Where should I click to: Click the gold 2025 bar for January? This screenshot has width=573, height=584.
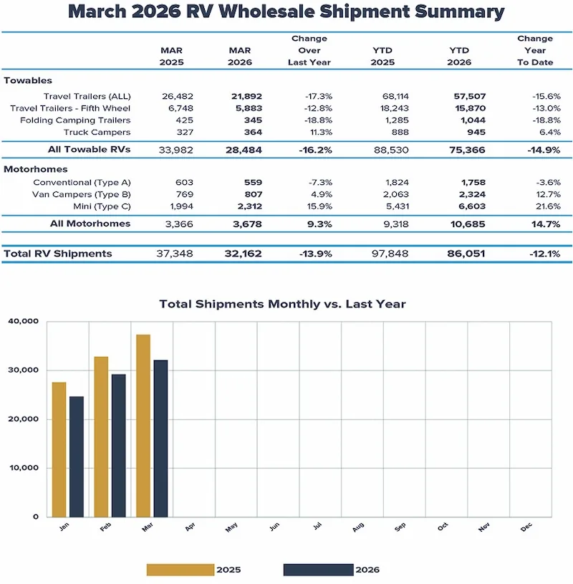coord(59,449)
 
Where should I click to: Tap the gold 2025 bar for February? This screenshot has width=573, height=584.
coord(101,436)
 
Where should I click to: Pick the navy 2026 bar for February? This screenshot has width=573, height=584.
coord(118,445)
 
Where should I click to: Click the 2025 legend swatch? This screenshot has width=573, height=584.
coord(180,570)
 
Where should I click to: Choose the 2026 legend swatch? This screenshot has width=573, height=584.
coord(318,570)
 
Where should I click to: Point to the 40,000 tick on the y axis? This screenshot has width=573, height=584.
coord(24,322)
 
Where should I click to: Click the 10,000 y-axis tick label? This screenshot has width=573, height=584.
coord(24,468)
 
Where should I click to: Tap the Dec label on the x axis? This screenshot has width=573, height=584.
coord(526,527)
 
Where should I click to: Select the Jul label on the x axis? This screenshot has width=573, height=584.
coord(316,527)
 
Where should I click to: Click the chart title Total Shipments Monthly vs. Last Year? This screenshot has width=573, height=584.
coord(282,304)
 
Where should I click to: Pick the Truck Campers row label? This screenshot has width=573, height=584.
coord(97,133)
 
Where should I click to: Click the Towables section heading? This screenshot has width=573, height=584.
coord(28,81)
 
